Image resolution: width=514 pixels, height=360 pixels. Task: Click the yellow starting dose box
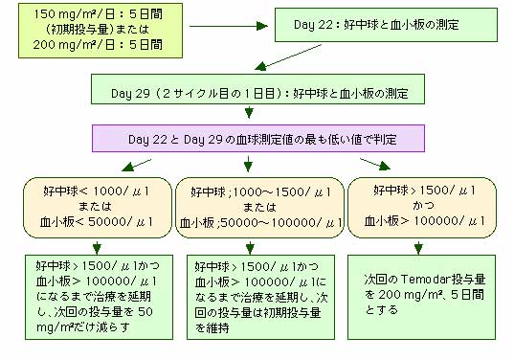coord(101,31)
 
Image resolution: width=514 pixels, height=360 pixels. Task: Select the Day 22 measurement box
coord(386,25)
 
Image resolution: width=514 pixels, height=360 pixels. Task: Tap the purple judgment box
coord(258,139)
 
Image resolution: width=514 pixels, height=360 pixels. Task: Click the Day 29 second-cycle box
coord(257,89)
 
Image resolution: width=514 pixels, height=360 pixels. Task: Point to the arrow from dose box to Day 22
coord(229,26)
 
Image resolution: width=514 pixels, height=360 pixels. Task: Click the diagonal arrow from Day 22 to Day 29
coord(288,57)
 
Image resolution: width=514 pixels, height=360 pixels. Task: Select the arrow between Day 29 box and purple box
coord(249,112)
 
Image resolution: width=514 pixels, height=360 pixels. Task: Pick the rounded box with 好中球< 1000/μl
coord(98,208)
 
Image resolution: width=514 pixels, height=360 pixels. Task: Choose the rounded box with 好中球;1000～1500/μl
coord(259,208)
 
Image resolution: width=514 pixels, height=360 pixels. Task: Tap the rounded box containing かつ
coord(422,208)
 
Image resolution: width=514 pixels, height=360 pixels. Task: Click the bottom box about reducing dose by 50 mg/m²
coord(99,297)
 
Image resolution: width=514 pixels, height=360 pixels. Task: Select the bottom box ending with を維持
coord(260,297)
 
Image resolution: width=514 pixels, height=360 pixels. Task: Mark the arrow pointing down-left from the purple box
coord(136,166)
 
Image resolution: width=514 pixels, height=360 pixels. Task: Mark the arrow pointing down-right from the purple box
coord(375,165)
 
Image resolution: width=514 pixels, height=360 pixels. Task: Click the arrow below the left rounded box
coord(97,248)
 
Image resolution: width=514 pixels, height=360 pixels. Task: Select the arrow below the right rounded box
coord(418,248)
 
